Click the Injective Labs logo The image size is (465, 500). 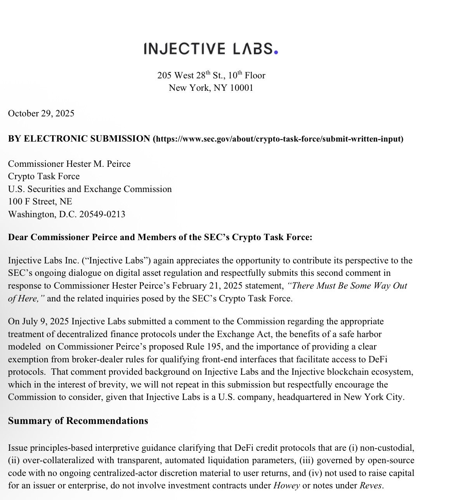(x=211, y=49)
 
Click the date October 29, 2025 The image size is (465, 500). (x=41, y=114)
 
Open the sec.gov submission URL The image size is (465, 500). (x=278, y=139)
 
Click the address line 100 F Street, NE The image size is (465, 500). (x=40, y=202)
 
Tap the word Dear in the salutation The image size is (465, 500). (x=18, y=237)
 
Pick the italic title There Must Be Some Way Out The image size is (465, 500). (x=347, y=286)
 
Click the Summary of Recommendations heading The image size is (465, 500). (x=78, y=421)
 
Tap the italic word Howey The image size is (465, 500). (x=287, y=486)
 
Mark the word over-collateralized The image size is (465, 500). (x=56, y=461)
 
